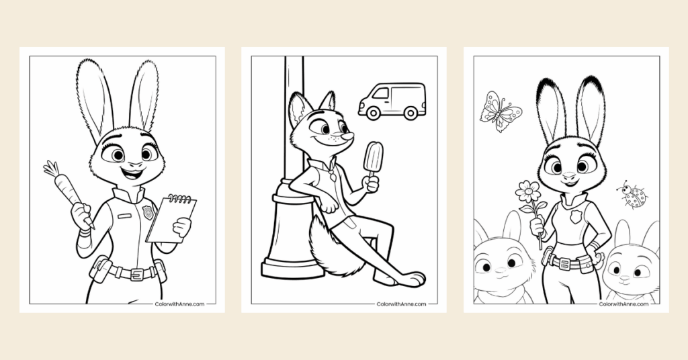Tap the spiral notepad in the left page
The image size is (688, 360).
(171, 218)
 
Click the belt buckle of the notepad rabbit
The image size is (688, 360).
(136, 273)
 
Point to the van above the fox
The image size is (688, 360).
(392, 101)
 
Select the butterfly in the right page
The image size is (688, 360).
(500, 110)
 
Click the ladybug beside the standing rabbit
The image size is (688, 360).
(634, 196)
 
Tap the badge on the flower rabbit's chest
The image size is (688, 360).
(576, 217)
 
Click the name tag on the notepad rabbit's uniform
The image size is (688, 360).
(124, 216)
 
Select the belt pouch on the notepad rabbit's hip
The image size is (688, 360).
(101, 269)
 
